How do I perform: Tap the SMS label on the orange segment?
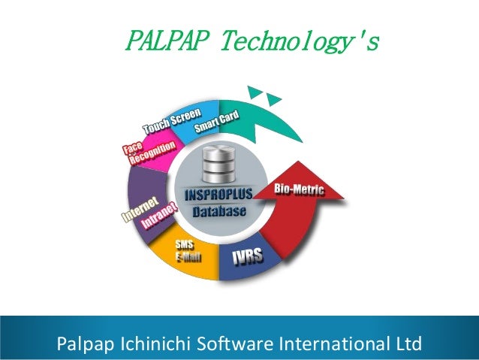(183, 244)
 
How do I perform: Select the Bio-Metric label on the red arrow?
(299, 189)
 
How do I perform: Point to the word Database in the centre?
(218, 211)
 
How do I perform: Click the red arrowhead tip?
(345, 197)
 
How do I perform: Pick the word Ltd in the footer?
(405, 344)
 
